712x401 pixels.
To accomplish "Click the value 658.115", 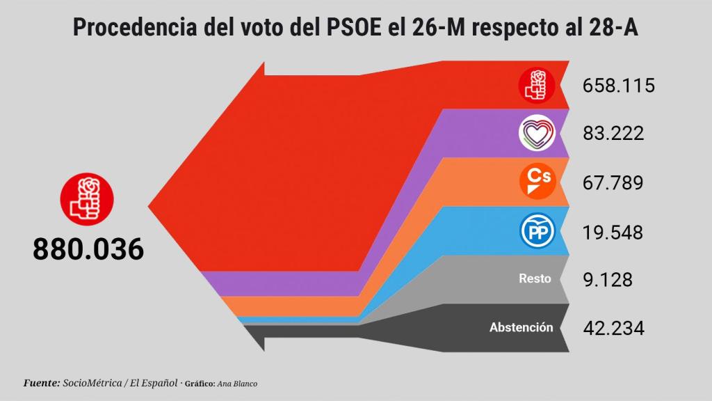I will tap(619, 86).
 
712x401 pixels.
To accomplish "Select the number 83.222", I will tap(613, 133).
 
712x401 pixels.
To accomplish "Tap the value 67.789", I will tap(613, 182).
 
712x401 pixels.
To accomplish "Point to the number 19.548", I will tap(613, 232).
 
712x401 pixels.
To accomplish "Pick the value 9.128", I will tap(608, 279).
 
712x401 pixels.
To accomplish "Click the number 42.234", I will tap(613, 328).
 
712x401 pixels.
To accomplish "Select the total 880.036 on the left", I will tap(88, 249).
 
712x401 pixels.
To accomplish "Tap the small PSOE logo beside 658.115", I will tap(537, 86).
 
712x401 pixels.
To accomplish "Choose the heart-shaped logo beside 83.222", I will tap(537, 134).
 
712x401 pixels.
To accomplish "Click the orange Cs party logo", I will tap(537, 182).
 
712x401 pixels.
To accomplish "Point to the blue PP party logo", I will tap(537, 232).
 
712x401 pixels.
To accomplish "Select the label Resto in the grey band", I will tap(535, 278).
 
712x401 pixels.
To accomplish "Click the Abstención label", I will tap(521, 327).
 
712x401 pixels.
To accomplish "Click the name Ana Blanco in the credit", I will tap(237, 384).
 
